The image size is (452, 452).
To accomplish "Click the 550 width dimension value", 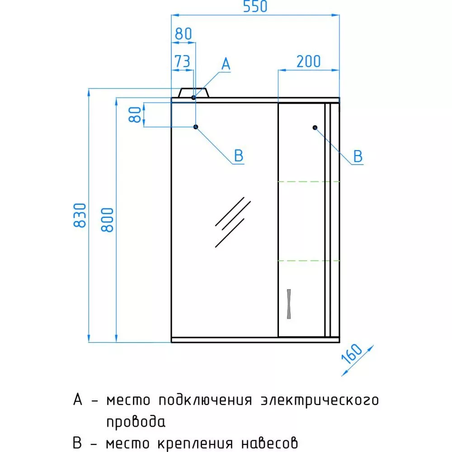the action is coord(255,6).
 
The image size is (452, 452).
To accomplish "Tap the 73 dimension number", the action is coord(183,61).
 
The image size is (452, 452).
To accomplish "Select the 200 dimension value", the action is coord(308,61).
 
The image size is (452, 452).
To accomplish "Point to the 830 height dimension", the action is coord(80,215).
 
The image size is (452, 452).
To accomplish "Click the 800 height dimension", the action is coord(107,220).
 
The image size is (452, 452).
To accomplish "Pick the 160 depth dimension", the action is coord(351,354).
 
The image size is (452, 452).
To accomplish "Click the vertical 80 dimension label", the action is coord(135,115).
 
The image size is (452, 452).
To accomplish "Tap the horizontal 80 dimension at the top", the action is coord(183,34).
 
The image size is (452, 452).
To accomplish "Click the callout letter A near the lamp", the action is coord(226,64).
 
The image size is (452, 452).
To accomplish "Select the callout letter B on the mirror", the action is coord(238,155).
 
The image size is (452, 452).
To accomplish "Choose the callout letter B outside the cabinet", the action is coord(358,156).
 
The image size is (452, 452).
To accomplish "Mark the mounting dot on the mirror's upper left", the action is coord(196,127).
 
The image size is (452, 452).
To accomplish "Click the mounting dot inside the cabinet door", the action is coord(315,127).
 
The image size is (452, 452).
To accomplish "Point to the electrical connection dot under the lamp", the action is coord(193,98).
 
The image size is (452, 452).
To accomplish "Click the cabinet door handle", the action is coord(289,304).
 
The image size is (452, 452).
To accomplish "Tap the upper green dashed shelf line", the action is coord(309,182).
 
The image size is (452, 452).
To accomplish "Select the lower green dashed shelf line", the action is coord(309,261).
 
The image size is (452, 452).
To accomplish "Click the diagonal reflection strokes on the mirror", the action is coord(233,222).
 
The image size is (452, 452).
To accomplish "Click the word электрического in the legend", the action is coord(320,400).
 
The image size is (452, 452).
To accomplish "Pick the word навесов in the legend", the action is coord(269,443).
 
